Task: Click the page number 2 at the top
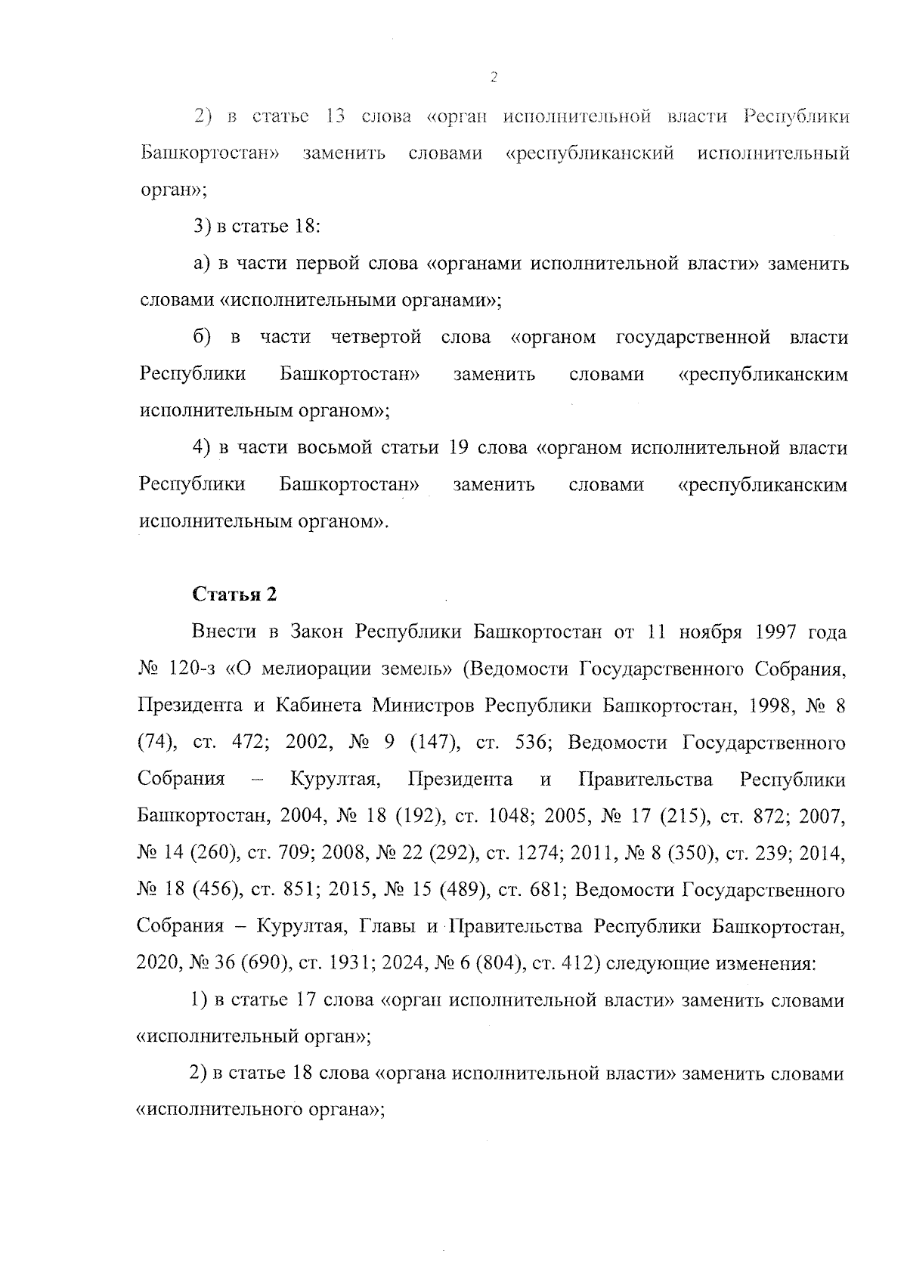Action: tap(493, 77)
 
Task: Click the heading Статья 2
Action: tap(235, 595)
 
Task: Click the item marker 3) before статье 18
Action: tap(201, 226)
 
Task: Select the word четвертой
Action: tap(376, 337)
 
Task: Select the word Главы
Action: tap(385, 927)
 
